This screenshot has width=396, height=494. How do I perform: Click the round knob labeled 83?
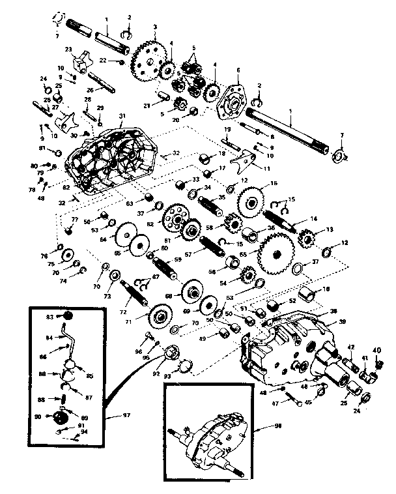tap(67, 316)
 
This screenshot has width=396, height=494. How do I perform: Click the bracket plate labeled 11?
tap(245, 158)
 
